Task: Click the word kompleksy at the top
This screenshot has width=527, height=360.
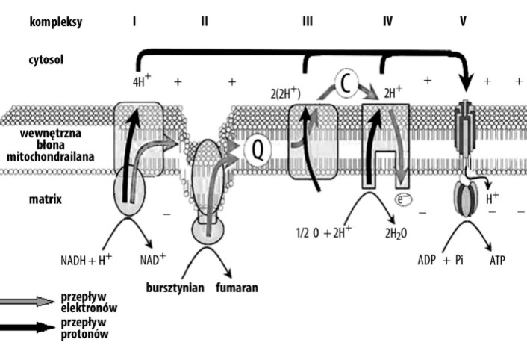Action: point(55,22)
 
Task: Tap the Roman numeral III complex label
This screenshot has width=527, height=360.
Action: point(308,22)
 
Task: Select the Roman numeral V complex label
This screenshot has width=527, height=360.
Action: point(463,22)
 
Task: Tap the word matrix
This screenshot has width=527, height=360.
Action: point(45,199)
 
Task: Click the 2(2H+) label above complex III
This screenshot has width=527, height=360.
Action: point(285,93)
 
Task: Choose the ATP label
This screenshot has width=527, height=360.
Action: point(499,261)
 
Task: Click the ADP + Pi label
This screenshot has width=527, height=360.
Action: point(440,261)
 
